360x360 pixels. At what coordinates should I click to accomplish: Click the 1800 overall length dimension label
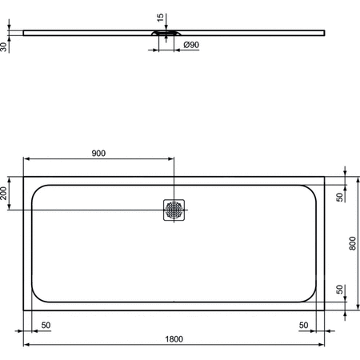tap(173, 338)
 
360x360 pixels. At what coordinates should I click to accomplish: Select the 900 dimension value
tap(98, 153)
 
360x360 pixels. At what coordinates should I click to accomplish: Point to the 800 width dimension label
tap(353, 242)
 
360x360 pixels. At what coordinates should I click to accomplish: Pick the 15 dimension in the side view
tap(160, 17)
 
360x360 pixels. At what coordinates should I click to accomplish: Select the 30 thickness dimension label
tap(5, 46)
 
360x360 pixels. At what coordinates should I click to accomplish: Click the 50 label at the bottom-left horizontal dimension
tap(46, 325)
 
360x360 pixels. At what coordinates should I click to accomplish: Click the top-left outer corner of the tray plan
tap(23, 177)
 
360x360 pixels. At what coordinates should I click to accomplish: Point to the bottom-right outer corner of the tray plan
tap(325, 308)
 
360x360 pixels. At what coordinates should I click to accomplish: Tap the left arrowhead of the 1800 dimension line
tap(26, 345)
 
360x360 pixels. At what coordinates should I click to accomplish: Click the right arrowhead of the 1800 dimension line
tap(322, 345)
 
